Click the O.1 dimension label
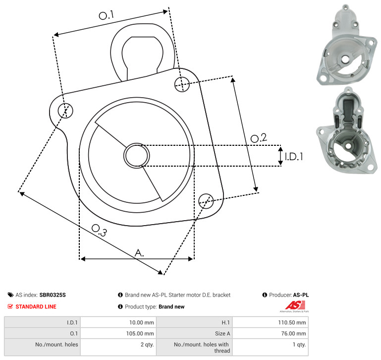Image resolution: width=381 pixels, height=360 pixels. [x=106, y=15]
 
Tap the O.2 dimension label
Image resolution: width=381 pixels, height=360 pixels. [x=259, y=138]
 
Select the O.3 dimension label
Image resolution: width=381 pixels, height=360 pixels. [x=99, y=231]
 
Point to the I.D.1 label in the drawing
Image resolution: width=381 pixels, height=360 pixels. [x=294, y=156]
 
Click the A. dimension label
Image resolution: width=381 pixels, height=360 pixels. [x=139, y=253]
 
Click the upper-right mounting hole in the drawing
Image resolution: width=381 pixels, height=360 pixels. [x=182, y=84]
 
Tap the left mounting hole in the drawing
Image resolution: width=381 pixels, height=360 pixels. [x=65, y=111]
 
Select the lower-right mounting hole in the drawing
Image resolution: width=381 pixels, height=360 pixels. [x=206, y=201]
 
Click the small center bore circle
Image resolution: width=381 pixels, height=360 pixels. [x=137, y=155]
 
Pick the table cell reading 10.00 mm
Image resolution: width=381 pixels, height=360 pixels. [x=118, y=322]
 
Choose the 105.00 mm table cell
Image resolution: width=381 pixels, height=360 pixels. [x=118, y=333]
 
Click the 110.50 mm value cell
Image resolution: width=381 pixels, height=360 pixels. [x=270, y=322]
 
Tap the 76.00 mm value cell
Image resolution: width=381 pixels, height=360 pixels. [x=270, y=333]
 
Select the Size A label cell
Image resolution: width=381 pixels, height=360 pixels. [x=194, y=333]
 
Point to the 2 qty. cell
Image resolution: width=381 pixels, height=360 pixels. [x=118, y=347]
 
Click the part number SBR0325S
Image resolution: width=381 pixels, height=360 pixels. [x=53, y=295]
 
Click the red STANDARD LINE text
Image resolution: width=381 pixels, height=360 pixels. [x=36, y=306]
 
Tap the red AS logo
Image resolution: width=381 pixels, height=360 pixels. [x=295, y=305]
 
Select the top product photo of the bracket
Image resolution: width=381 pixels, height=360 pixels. [x=347, y=45]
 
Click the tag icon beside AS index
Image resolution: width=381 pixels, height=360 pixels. [x=10, y=295]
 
